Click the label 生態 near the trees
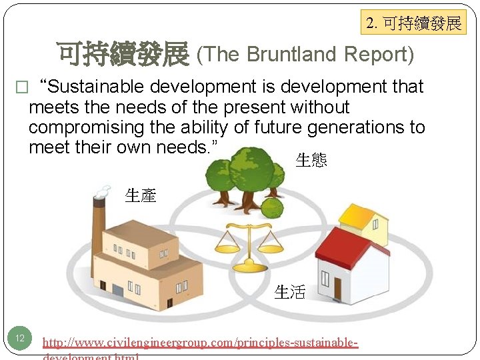(x=311, y=160)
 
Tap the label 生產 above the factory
(x=140, y=195)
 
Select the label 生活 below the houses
(x=290, y=292)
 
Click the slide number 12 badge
(x=20, y=338)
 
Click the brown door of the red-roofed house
(x=338, y=288)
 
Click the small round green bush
(x=271, y=208)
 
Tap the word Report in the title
(x=378, y=55)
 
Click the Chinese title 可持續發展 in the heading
(x=123, y=54)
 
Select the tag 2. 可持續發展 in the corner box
(x=413, y=24)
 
